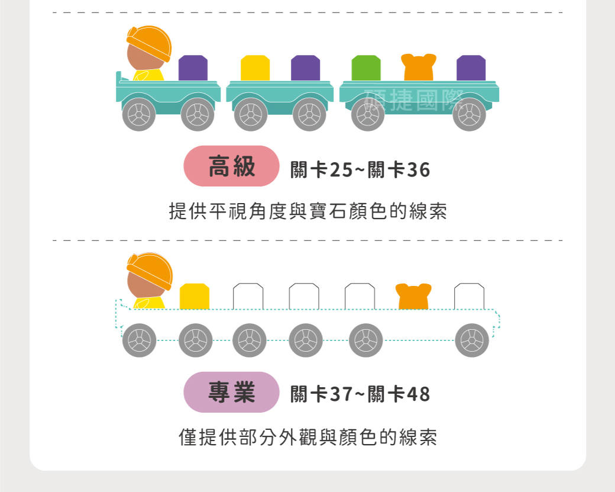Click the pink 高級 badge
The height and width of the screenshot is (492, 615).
click(231, 166)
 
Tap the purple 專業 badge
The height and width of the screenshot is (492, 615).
click(231, 392)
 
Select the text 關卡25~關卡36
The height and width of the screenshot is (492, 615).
click(360, 170)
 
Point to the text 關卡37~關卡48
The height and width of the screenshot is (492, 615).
click(360, 394)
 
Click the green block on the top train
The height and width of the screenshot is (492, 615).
click(366, 68)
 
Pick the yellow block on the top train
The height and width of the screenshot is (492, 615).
click(255, 68)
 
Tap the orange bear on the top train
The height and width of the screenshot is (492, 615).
click(419, 67)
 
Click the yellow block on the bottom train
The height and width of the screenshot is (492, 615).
click(195, 297)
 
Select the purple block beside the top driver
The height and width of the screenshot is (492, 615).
click(193, 68)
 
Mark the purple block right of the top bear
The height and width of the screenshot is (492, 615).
click(471, 68)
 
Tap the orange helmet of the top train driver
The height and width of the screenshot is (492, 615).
click(150, 43)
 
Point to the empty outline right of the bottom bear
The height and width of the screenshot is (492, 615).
click(469, 297)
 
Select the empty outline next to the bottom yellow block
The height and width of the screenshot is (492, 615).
click(248, 297)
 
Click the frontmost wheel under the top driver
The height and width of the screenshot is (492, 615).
click(139, 114)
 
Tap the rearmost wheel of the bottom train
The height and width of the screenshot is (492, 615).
click(472, 340)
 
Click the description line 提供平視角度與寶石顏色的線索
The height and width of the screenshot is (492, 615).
click(308, 211)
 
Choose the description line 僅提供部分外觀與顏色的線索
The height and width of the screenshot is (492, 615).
click(308, 437)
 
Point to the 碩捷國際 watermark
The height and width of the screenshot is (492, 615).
click(414, 100)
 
